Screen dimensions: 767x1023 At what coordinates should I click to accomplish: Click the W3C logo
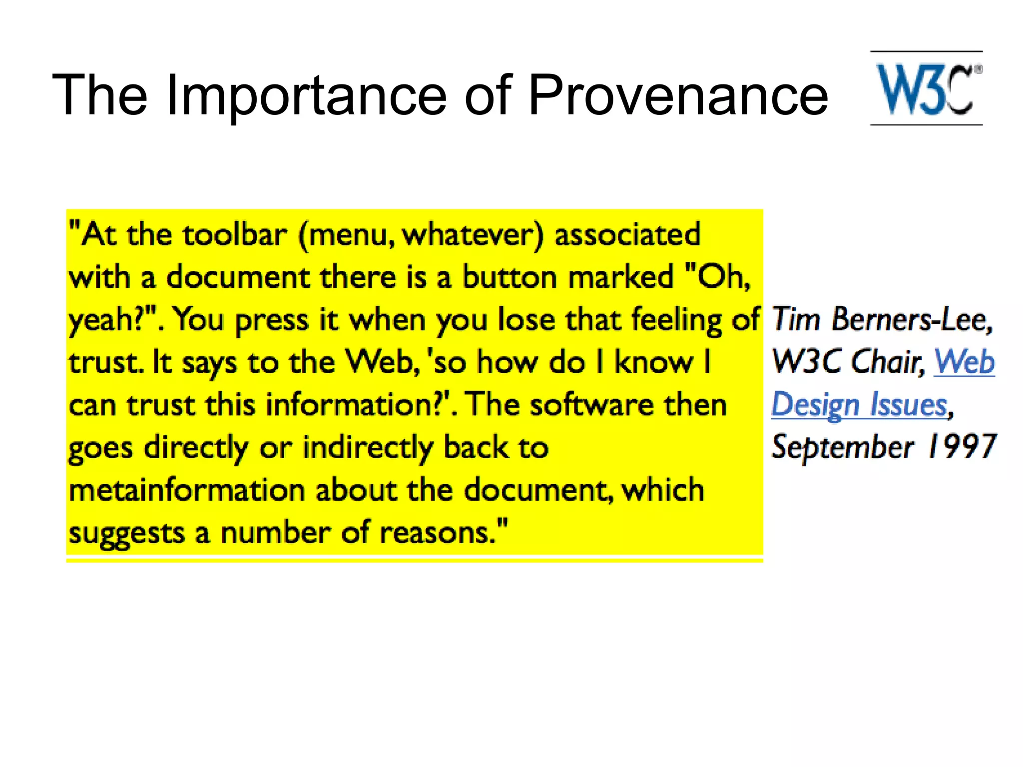[x=927, y=88]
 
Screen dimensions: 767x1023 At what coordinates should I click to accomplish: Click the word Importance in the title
[x=306, y=95]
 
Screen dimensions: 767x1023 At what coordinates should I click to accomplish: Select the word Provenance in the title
[x=678, y=95]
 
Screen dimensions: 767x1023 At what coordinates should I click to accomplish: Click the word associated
[x=627, y=234]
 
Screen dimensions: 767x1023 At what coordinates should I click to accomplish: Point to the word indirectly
[x=368, y=448]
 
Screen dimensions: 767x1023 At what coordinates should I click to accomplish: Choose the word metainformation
[x=187, y=490]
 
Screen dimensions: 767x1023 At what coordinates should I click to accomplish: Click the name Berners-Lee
[x=912, y=320]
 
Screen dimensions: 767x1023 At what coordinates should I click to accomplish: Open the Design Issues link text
[x=860, y=405]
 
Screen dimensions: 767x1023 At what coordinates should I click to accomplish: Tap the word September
[x=843, y=447]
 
